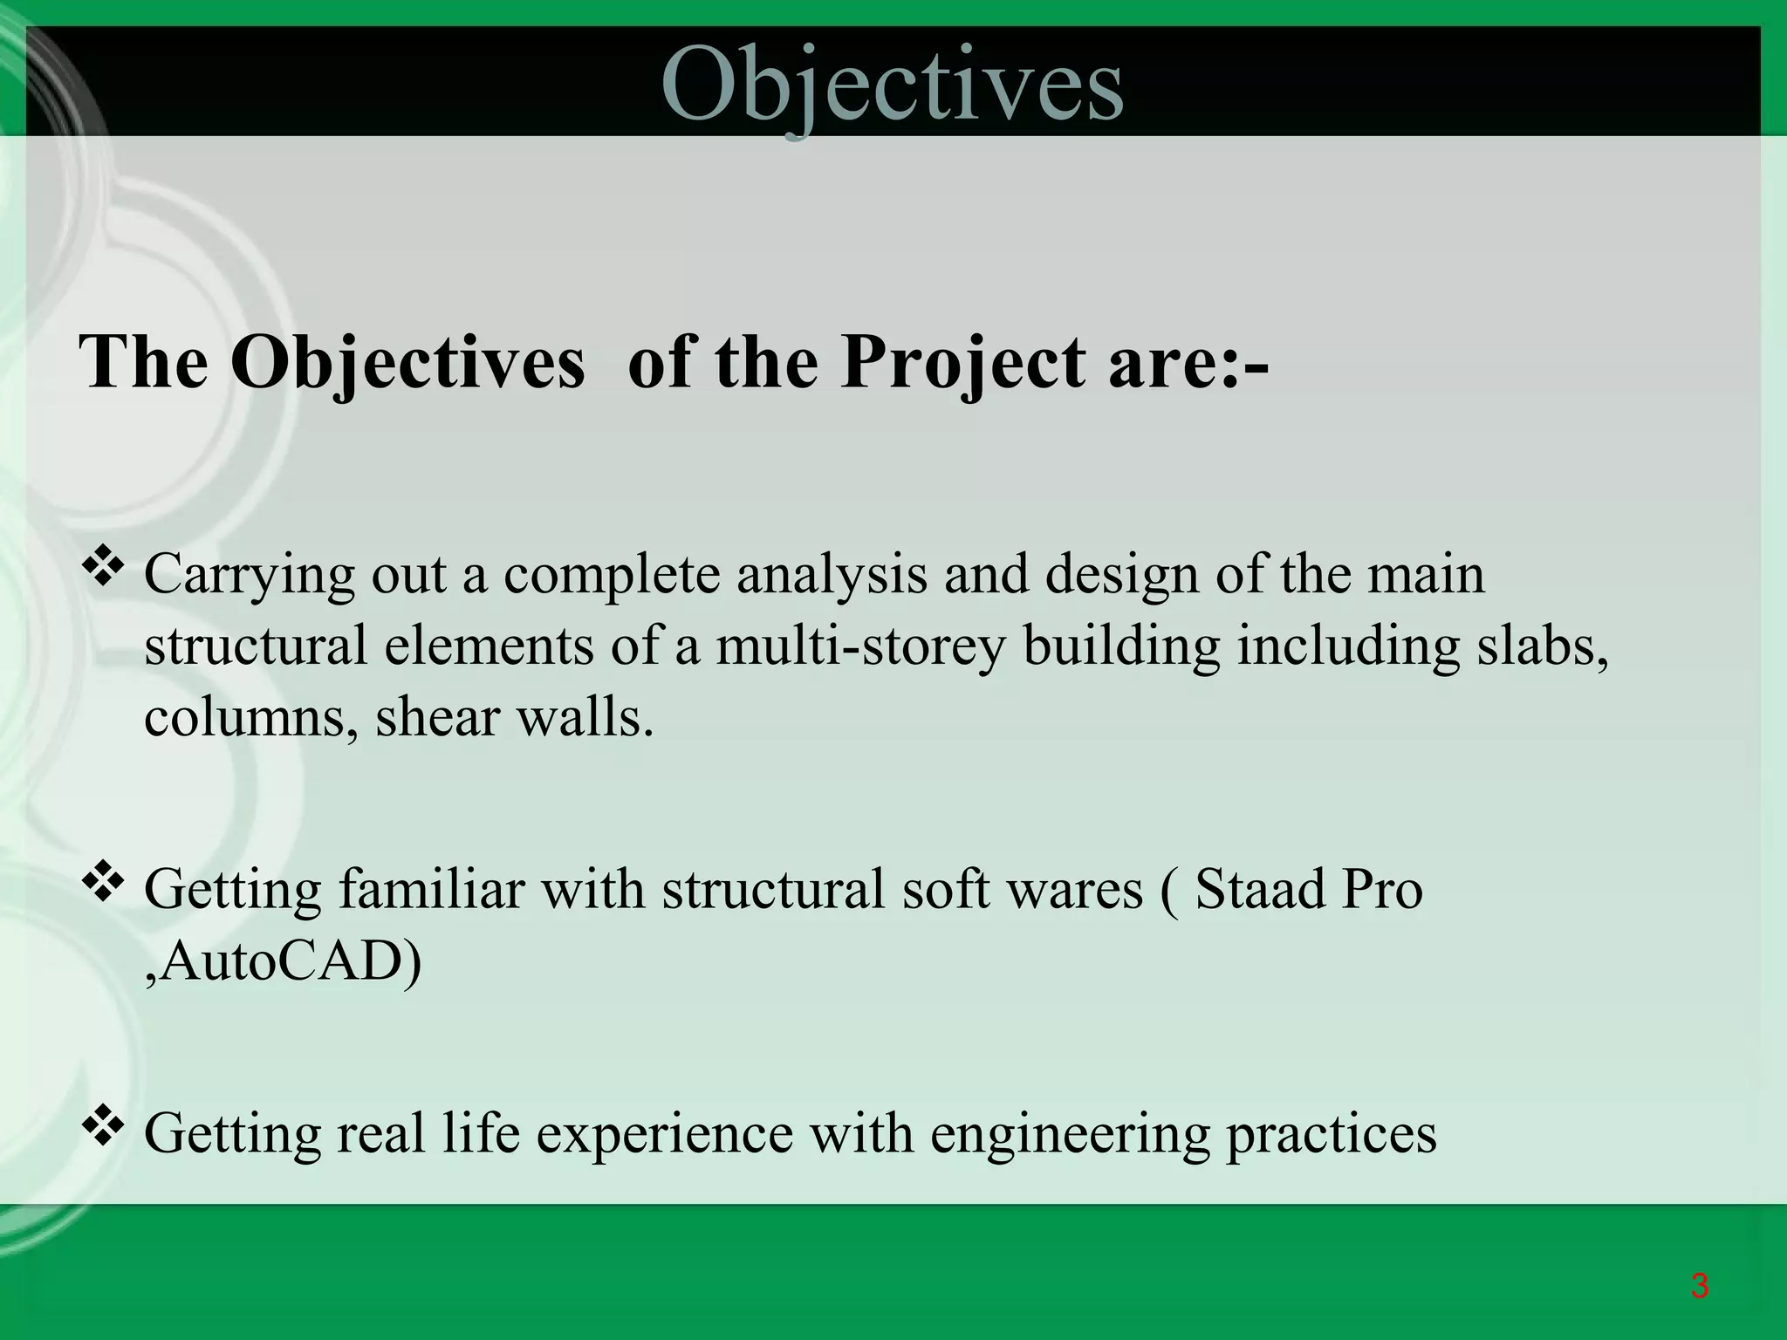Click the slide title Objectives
pyautogui.click(x=892, y=85)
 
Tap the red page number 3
pyautogui.click(x=1698, y=1286)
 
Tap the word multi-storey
pyautogui.click(x=860, y=647)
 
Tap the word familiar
pyautogui.click(x=432, y=890)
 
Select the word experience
pyautogui.click(x=665, y=1134)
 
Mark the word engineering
pyautogui.click(x=1070, y=1134)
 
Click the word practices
pyautogui.click(x=1332, y=1134)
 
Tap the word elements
pyautogui.click(x=489, y=647)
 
